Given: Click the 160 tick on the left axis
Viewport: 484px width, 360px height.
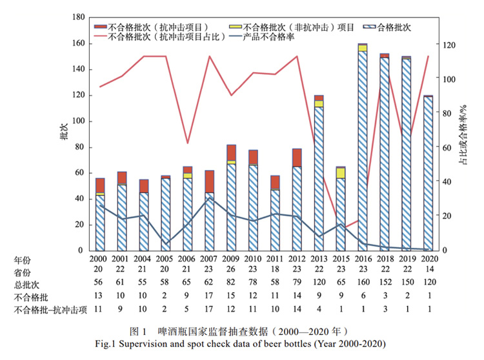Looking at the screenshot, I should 76,43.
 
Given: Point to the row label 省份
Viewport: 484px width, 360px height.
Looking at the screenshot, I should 22,272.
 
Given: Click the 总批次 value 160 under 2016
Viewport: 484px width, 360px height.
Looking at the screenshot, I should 363,285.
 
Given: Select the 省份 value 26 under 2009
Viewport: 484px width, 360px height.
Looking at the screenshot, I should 231,272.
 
